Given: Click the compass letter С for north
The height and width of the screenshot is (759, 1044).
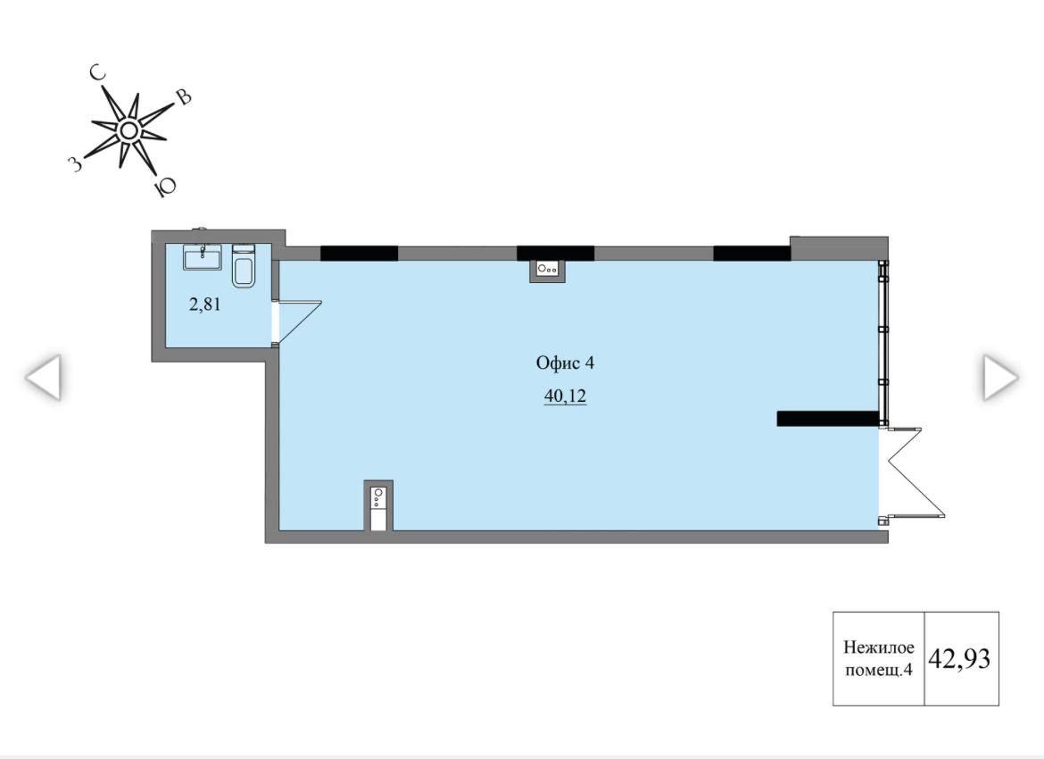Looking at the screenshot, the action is [x=99, y=73].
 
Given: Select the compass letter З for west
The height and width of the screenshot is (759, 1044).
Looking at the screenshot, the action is [x=76, y=163].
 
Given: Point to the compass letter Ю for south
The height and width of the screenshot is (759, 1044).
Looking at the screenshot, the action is [x=164, y=188].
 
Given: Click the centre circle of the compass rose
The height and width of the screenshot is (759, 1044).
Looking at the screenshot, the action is [x=128, y=130].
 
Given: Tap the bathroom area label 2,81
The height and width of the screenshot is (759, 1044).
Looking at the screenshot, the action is [x=205, y=305].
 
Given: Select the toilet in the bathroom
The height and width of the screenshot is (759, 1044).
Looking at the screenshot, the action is [x=244, y=266].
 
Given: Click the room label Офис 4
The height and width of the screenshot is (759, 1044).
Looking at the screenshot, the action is [x=566, y=363].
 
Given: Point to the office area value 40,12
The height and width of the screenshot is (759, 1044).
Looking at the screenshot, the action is [x=566, y=396].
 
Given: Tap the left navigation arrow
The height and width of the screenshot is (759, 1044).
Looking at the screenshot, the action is [x=44, y=377].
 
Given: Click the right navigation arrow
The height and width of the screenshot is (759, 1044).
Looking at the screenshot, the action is [x=1000, y=377].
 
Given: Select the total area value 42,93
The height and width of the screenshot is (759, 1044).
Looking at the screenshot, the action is [x=959, y=658].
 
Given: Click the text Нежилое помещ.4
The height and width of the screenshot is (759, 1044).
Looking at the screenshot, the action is [x=879, y=658].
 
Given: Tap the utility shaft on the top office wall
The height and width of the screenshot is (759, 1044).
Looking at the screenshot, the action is [x=547, y=270].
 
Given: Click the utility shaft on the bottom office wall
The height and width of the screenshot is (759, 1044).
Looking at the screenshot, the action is [x=378, y=505].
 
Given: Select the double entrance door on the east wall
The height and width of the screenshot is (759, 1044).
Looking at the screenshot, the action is [x=912, y=473].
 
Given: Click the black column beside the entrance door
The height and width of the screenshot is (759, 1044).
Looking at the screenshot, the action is [x=827, y=419].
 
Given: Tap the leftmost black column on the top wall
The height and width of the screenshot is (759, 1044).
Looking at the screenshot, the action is [x=359, y=254].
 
